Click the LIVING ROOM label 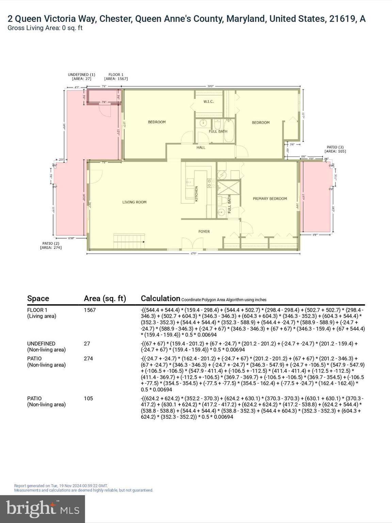coord(134,202)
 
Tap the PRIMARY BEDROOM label coord(269,199)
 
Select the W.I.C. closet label coord(208,101)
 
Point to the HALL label coord(201,147)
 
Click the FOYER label coord(204,232)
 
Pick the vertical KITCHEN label coord(196,193)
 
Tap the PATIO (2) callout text coord(51,245)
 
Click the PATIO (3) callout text coord(335,149)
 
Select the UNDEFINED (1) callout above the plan coord(81,77)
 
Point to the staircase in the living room coord(129,241)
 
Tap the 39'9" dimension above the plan coord(211,86)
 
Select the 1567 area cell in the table coord(90,310)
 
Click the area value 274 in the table coord(88,359)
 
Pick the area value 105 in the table coord(88,398)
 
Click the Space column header coord(38,298)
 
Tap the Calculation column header coord(160,298)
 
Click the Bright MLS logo coord(43,509)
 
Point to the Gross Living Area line coord(45,28)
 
